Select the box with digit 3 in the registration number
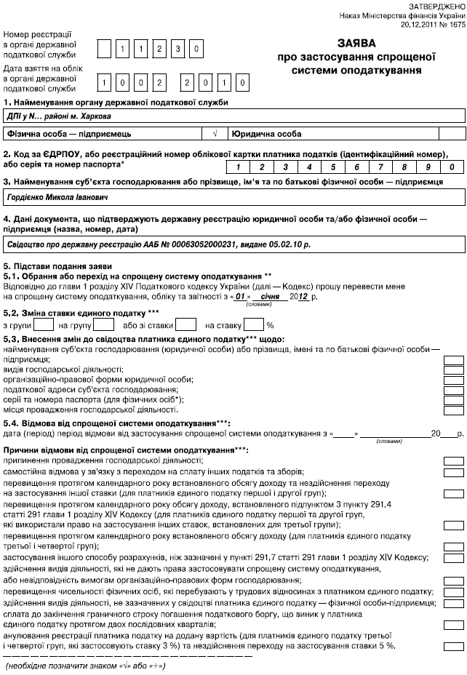178,49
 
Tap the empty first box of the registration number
105,49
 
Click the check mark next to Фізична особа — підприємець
215,135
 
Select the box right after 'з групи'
44,325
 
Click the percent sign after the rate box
269,326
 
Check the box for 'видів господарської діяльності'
453,370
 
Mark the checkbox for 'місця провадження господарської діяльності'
453,409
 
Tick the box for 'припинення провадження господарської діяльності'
453,461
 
